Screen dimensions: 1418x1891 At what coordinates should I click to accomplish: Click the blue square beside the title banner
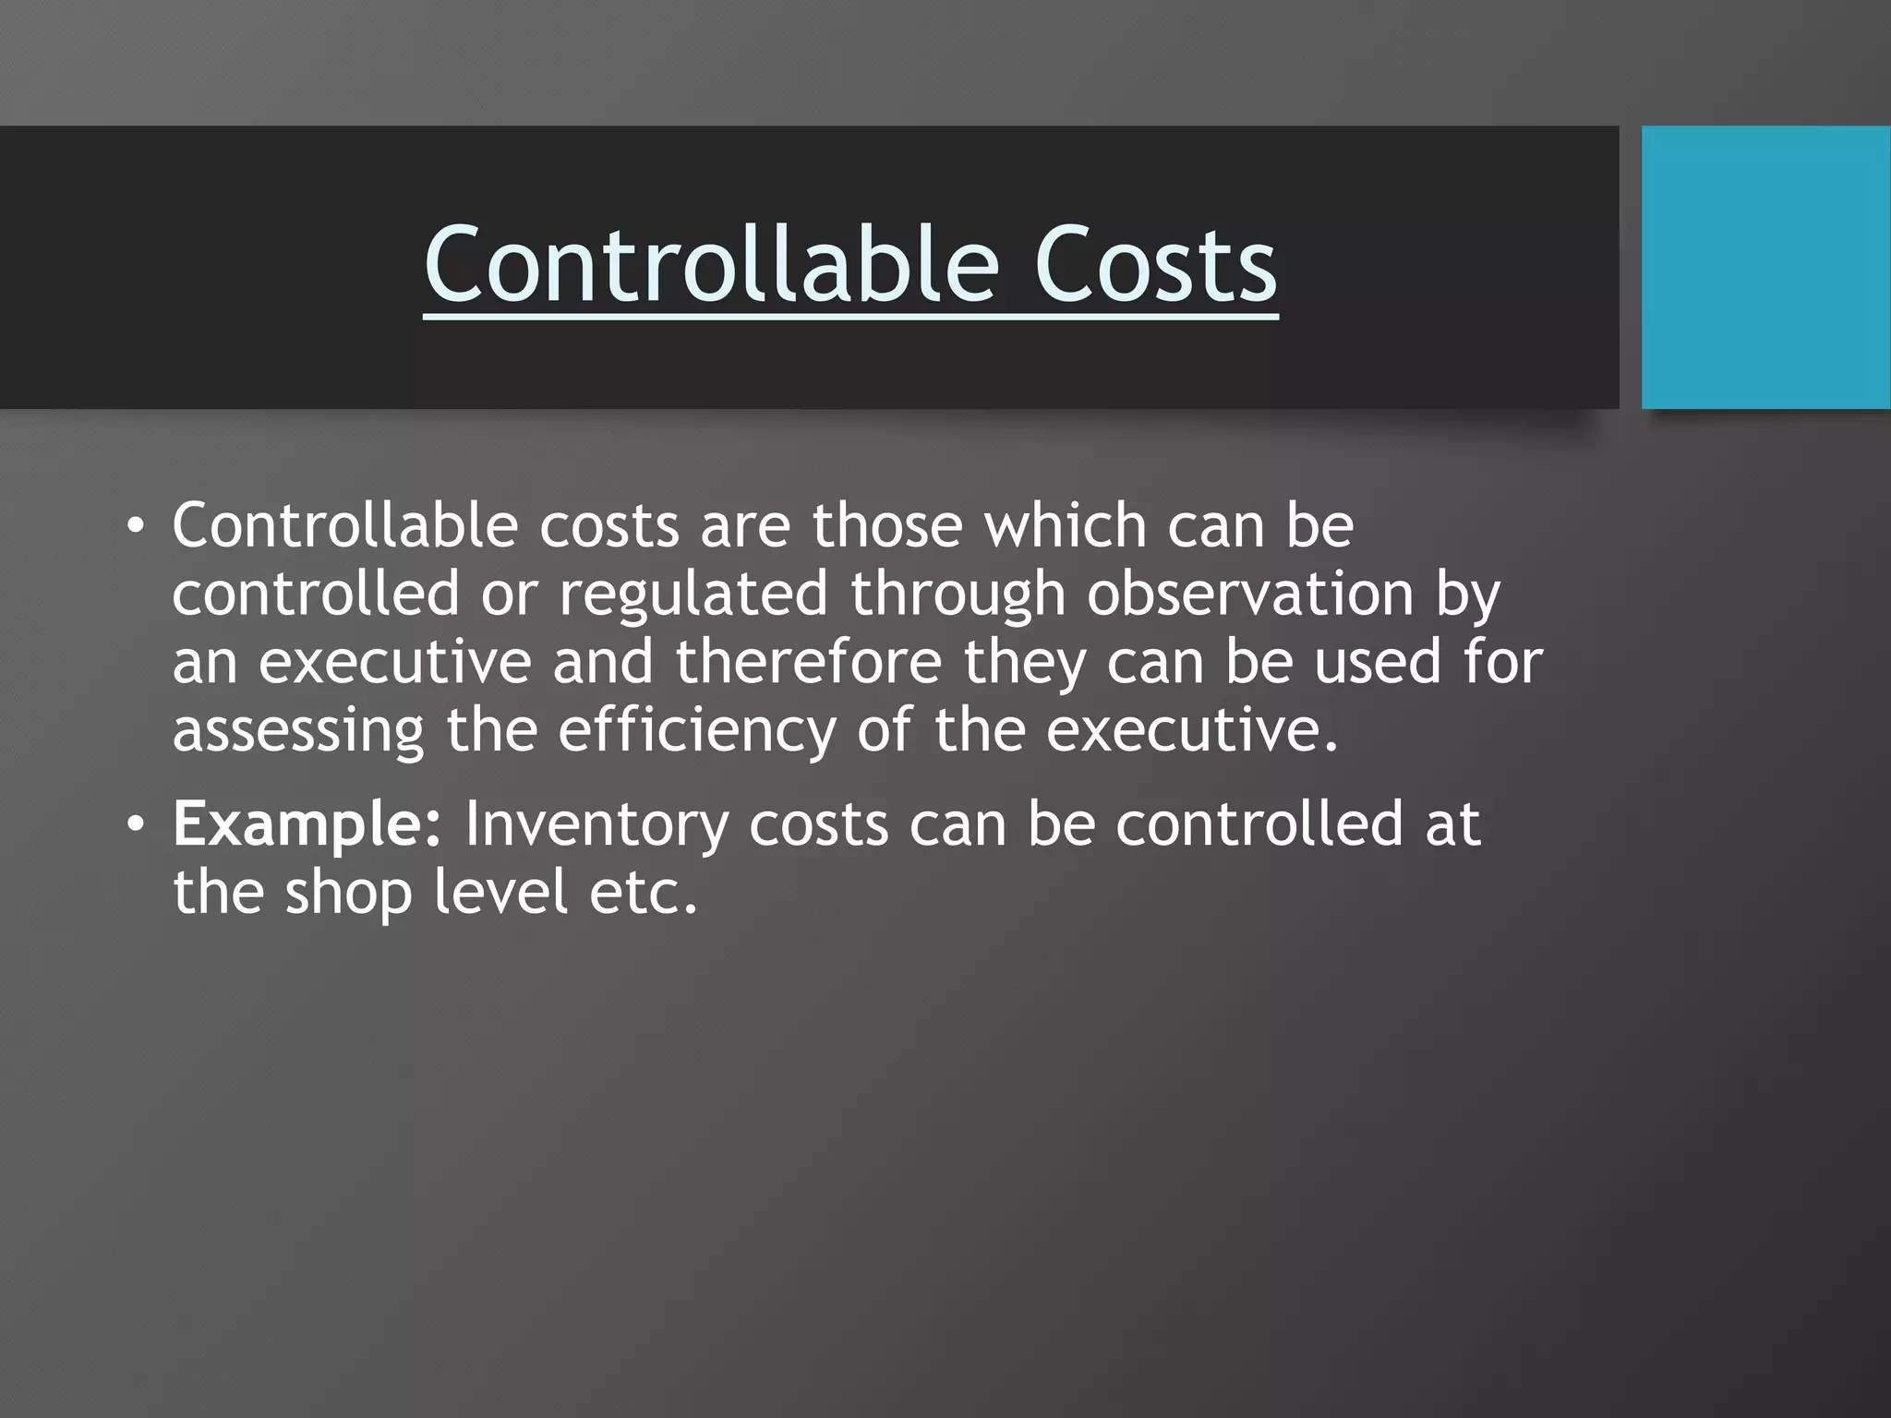point(1765,267)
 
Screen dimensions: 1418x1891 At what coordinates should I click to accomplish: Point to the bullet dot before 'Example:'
point(136,825)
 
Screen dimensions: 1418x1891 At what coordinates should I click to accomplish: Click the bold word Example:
point(307,824)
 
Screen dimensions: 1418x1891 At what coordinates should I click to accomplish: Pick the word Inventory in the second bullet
point(596,824)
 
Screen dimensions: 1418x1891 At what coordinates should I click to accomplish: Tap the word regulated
point(693,594)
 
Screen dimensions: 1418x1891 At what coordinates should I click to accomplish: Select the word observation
point(1249,594)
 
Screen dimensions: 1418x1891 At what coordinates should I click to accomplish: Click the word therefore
point(809,662)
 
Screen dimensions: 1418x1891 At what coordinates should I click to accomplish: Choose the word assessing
point(298,730)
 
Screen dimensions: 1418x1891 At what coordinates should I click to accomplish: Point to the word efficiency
point(696,730)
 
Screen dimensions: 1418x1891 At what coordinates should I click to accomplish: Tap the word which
point(1065,526)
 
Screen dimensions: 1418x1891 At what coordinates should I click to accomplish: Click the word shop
point(348,893)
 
